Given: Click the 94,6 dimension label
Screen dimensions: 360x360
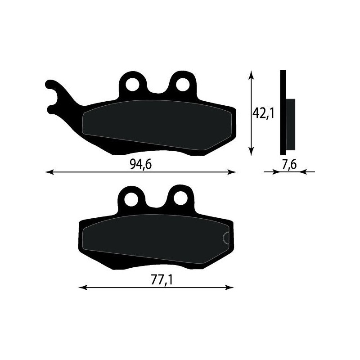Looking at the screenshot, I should (140, 165).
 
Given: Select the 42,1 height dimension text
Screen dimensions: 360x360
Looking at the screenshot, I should (263, 114).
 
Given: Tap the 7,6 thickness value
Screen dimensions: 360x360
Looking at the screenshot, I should (288, 165).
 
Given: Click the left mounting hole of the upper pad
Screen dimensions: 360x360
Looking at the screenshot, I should (133, 84).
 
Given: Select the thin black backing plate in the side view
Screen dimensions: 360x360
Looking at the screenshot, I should (283, 112).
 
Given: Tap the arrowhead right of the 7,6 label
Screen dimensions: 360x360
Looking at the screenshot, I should (302, 171).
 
